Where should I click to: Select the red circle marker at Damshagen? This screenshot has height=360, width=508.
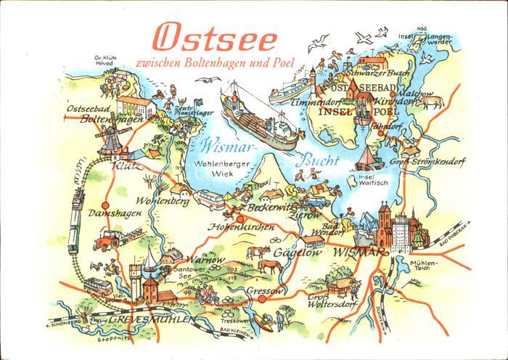106,205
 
